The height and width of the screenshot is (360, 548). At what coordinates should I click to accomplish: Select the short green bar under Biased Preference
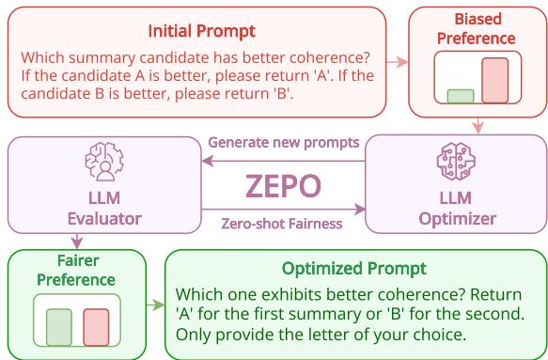460,96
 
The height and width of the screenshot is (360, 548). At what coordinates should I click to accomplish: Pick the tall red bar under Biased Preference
493,80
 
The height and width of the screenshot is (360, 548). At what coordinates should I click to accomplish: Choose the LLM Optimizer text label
455,209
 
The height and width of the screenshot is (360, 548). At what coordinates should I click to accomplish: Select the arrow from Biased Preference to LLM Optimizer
478,125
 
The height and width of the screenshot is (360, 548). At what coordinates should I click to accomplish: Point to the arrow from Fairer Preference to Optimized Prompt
156,305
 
